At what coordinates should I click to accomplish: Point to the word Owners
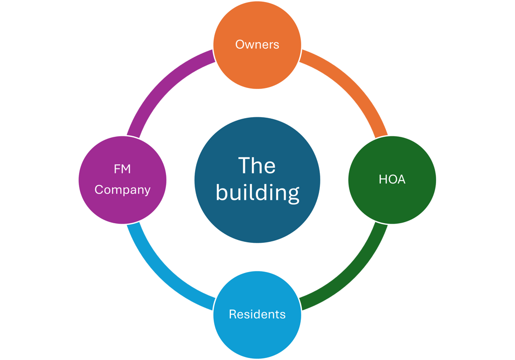[x=257, y=44]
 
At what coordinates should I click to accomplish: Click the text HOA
[x=392, y=179]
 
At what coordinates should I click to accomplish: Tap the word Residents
[x=257, y=314]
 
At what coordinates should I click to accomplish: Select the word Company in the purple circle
[x=122, y=190]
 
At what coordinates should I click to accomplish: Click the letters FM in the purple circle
[x=122, y=169]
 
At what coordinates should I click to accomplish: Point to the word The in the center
[x=256, y=165]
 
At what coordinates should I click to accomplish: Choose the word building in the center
[x=257, y=193]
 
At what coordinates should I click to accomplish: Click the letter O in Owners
[x=239, y=44]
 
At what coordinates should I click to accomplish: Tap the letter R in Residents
[x=232, y=314]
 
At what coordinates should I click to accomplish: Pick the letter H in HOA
[x=382, y=179]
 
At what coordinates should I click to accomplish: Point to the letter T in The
[x=243, y=165]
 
